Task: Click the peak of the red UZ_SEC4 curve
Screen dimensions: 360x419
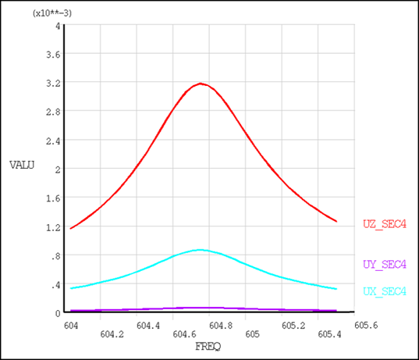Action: pos(201,83)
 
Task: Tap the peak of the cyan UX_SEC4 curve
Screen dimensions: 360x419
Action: pos(201,250)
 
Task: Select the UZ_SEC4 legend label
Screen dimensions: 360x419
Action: pos(385,224)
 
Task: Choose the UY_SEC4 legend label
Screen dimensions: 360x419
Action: pos(385,265)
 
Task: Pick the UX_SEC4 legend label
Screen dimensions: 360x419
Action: pos(385,291)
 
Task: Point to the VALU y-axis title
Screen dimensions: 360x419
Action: pos(23,165)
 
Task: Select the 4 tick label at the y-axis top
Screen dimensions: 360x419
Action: pos(57,26)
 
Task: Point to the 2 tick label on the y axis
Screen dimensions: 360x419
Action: pos(57,169)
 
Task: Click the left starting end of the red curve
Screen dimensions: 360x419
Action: pos(71,229)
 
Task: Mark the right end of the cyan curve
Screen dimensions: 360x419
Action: pos(336,289)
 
